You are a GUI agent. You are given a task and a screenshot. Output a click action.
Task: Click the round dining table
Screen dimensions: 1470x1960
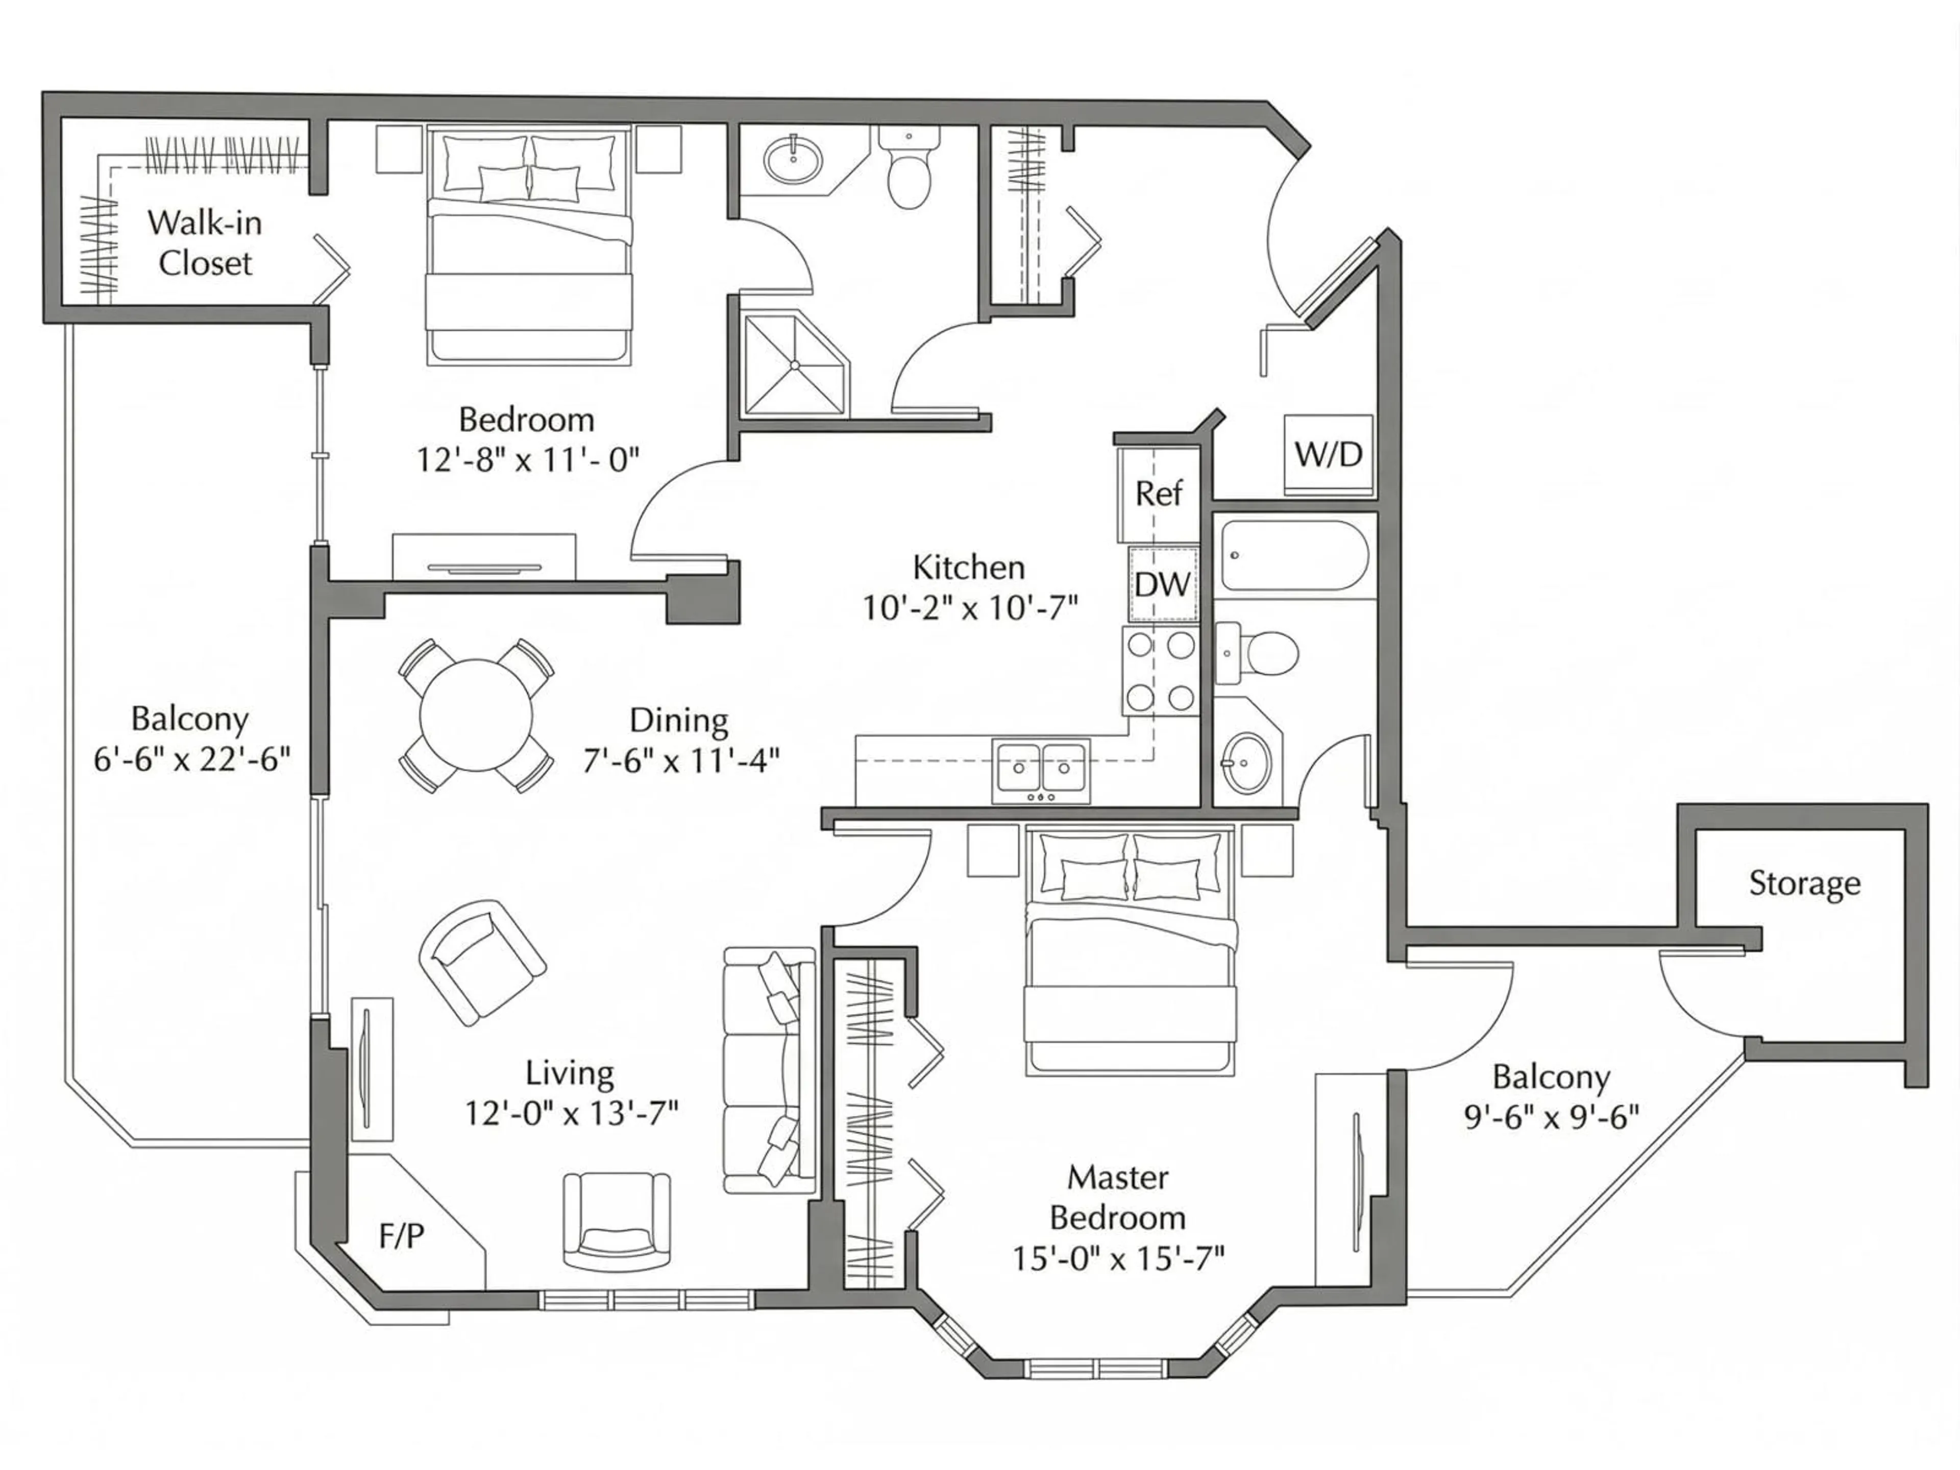click(x=476, y=715)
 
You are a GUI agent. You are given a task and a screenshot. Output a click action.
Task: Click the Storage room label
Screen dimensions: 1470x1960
click(x=1804, y=884)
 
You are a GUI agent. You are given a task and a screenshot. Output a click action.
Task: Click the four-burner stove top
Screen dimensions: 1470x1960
click(x=1160, y=671)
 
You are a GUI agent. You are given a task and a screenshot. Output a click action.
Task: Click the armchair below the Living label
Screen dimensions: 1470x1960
click(x=617, y=1221)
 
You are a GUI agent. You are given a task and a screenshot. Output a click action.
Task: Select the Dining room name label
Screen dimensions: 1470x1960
click(x=679, y=720)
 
